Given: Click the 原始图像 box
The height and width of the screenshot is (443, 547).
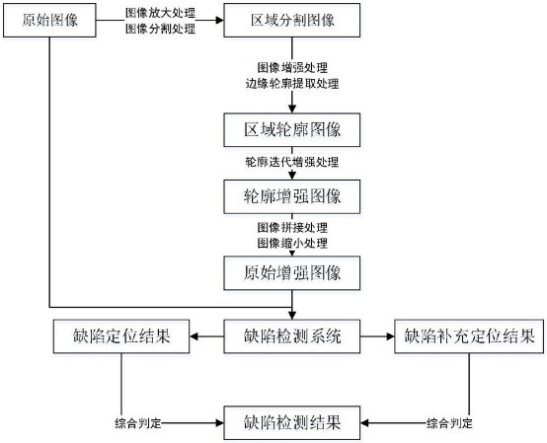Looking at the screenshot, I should point(50,22).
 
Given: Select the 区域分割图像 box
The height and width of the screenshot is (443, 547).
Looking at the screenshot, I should point(292,22).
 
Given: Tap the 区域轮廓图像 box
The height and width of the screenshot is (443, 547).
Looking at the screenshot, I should point(292,130).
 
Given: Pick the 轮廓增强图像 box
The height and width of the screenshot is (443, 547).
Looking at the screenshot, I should point(292,197).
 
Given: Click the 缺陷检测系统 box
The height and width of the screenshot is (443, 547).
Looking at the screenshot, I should point(292,336).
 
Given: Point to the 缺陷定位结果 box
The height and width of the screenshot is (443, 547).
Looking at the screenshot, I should point(121,336).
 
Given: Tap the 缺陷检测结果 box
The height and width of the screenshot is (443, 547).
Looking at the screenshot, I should point(292,422).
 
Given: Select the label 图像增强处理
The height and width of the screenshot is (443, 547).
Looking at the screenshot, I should point(292,69).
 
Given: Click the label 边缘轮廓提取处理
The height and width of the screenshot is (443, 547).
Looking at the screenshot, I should point(292,84).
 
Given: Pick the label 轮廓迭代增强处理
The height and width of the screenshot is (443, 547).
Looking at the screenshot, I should point(292,161).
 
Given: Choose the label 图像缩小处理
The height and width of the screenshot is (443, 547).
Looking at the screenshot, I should point(292,243).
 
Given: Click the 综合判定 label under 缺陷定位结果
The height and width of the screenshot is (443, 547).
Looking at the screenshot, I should point(138,423).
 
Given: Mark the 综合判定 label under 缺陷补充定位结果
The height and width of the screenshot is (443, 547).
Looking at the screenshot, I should point(449,423).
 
